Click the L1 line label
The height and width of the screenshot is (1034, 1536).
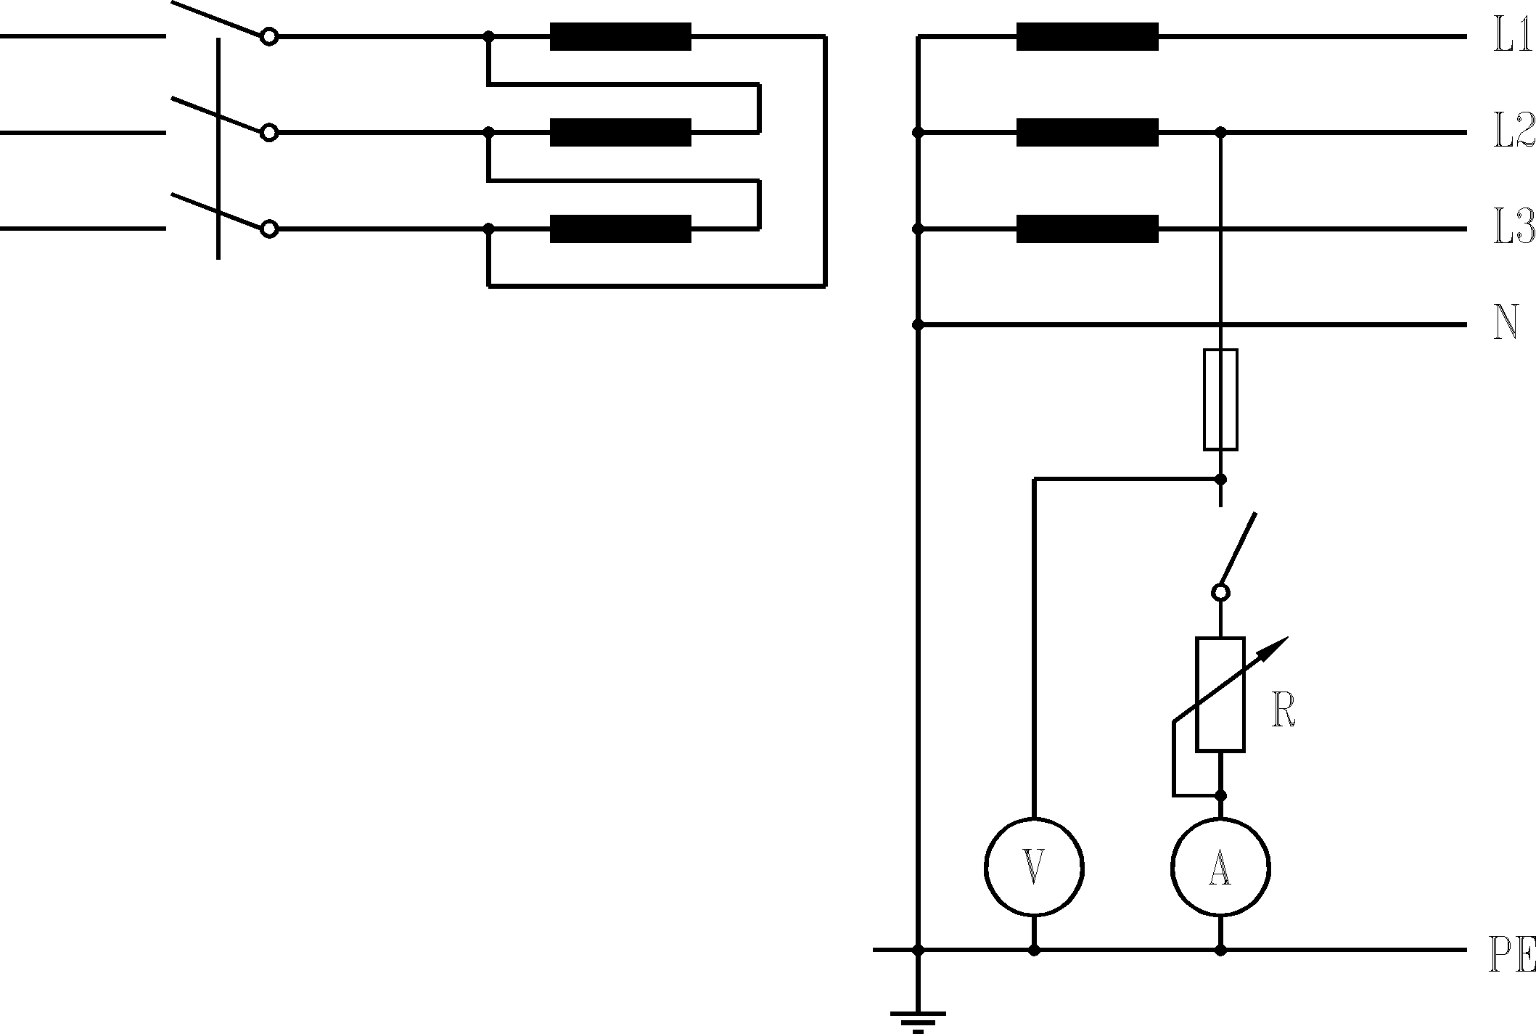[x=1512, y=36]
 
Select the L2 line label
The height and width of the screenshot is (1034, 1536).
[x=1514, y=133]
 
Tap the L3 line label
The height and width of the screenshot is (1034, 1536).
[x=1514, y=229]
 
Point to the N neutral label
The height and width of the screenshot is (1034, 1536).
[x=1506, y=324]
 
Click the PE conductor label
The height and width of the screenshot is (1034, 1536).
[x=1512, y=956]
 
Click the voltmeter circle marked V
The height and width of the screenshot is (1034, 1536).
[x=1034, y=867]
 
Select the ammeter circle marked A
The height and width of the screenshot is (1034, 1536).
[x=1220, y=867]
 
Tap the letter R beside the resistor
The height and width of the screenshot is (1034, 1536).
[x=1284, y=712]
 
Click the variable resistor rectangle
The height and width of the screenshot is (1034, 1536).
[x=1220, y=694]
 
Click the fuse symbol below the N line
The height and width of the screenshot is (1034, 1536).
[x=1220, y=400]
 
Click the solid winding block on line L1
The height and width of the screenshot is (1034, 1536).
[x=1087, y=36]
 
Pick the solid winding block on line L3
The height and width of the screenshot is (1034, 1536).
[x=1087, y=229]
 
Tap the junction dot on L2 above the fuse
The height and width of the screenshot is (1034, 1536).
[x=1220, y=133]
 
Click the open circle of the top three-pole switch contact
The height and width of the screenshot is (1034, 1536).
[x=269, y=36]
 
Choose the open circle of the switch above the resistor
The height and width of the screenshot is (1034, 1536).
[x=1220, y=593]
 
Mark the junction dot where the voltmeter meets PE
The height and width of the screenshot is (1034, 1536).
[x=1034, y=950]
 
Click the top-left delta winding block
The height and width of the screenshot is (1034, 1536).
[x=620, y=36]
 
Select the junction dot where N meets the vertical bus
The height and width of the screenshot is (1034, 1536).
[x=918, y=324]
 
